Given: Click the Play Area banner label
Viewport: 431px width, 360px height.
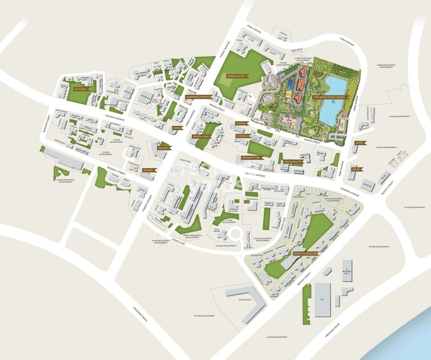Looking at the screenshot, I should click(x=80, y=89).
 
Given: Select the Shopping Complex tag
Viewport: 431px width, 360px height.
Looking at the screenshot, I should click(x=198, y=97).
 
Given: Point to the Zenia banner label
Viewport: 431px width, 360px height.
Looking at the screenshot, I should click(x=177, y=128).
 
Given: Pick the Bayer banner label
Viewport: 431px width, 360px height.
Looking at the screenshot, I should click(x=356, y=169).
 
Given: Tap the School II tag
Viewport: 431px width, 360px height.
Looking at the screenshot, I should click(x=242, y=136).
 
